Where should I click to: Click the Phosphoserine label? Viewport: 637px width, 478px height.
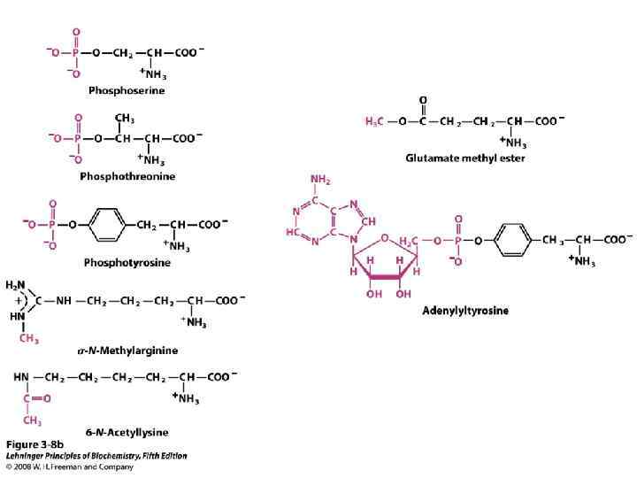(126, 89)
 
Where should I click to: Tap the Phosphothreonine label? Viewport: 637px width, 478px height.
(127, 176)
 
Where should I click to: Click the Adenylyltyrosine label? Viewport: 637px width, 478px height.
(464, 311)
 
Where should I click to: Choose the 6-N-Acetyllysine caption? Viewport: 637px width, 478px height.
(128, 432)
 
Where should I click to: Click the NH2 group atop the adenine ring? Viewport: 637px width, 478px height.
(319, 181)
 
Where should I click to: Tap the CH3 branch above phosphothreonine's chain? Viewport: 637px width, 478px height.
(125, 119)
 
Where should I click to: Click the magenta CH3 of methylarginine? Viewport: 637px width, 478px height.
(30, 336)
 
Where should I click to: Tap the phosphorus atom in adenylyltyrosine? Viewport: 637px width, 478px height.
(458, 239)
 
